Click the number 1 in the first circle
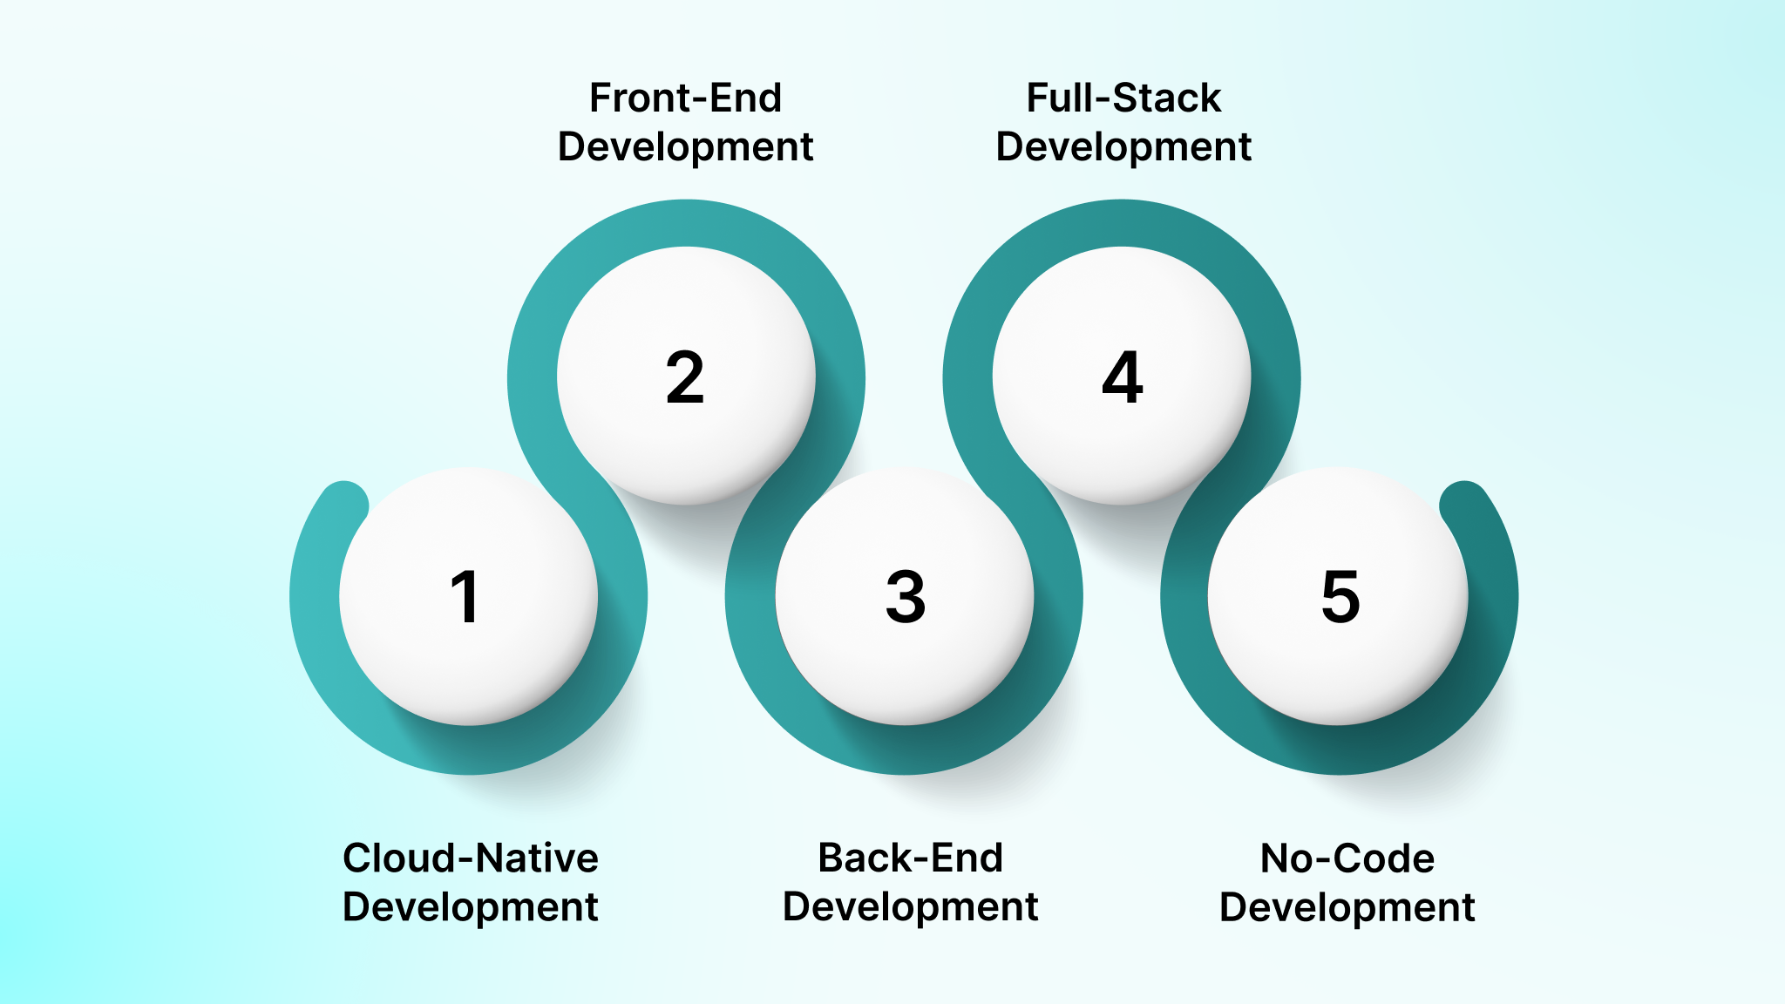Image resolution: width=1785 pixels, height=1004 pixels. coord(465,597)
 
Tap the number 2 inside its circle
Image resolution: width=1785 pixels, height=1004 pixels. coord(685,377)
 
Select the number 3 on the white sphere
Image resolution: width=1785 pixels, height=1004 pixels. coord(906,597)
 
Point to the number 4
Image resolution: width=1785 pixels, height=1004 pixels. coord(1123,377)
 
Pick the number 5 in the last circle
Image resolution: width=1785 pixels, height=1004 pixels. coord(1340,597)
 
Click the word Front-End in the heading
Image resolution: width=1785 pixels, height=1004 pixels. coord(685,98)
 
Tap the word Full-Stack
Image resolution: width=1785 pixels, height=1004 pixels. coord(1123,98)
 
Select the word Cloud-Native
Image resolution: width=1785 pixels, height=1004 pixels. coord(471,858)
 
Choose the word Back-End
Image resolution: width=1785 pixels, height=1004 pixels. coord(910,858)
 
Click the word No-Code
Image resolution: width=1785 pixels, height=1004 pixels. coord(1347,858)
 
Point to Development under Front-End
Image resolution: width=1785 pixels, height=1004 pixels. coord(685,147)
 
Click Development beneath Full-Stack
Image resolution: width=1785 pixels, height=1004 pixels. coord(1123,147)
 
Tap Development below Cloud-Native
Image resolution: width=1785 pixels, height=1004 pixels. coord(471,907)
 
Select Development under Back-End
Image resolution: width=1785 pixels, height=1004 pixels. coord(910,907)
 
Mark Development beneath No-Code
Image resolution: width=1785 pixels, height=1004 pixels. coord(1347,907)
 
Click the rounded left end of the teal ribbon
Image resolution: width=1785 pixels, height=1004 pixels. coord(344,505)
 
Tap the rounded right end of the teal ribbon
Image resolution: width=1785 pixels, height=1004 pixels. coord(1464,505)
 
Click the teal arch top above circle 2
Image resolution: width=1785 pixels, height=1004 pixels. coord(686,223)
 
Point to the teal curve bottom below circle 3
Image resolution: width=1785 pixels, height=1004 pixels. coord(905,750)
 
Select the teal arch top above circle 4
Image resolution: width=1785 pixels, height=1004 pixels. coord(1122,223)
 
